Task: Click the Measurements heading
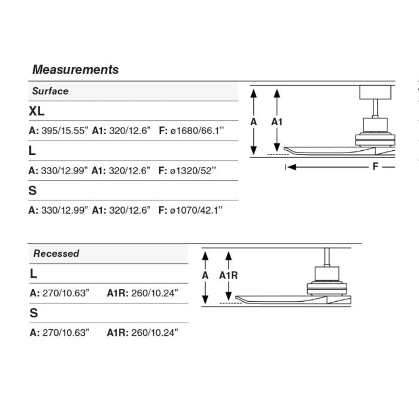pos(75,69)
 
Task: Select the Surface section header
pos(50,91)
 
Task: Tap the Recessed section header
pos(56,253)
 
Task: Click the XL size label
pos(37,111)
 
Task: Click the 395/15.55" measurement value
pos(64,130)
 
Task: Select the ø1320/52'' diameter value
pos(193,170)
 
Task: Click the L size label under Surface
pos(32,151)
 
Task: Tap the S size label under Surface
pos(32,190)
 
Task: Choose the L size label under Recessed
pos(34,273)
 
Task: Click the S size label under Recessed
pos(34,312)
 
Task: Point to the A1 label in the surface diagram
pos(277,122)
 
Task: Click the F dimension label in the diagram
pos(375,166)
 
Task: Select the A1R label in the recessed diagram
pos(229,275)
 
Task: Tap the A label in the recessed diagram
pos(205,275)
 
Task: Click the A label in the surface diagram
pos(254,122)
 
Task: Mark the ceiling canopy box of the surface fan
pos(375,92)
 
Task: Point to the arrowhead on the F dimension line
pos(292,167)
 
